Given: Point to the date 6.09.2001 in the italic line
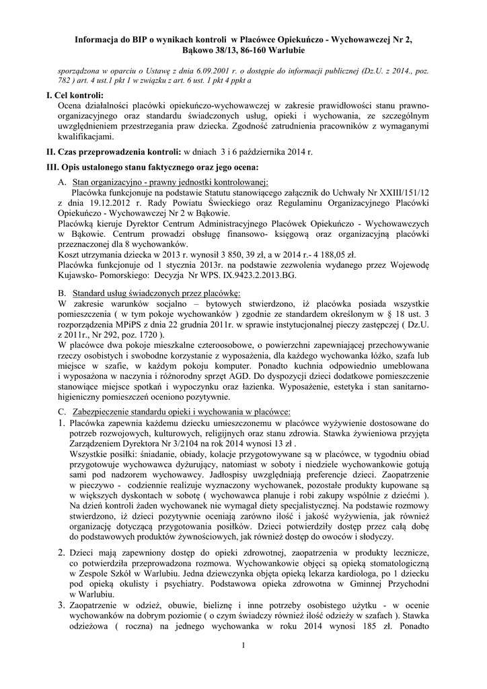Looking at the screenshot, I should click(x=177, y=70).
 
